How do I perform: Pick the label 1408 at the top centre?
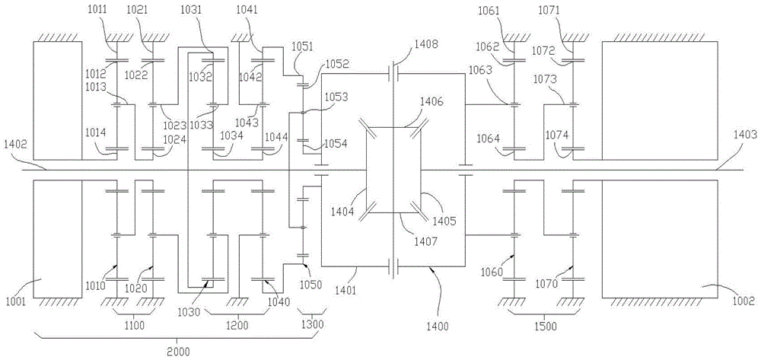(426, 45)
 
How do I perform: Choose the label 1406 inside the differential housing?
(433, 101)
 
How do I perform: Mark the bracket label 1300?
(311, 325)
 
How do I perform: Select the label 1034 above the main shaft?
(232, 135)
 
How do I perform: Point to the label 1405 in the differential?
(444, 222)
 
